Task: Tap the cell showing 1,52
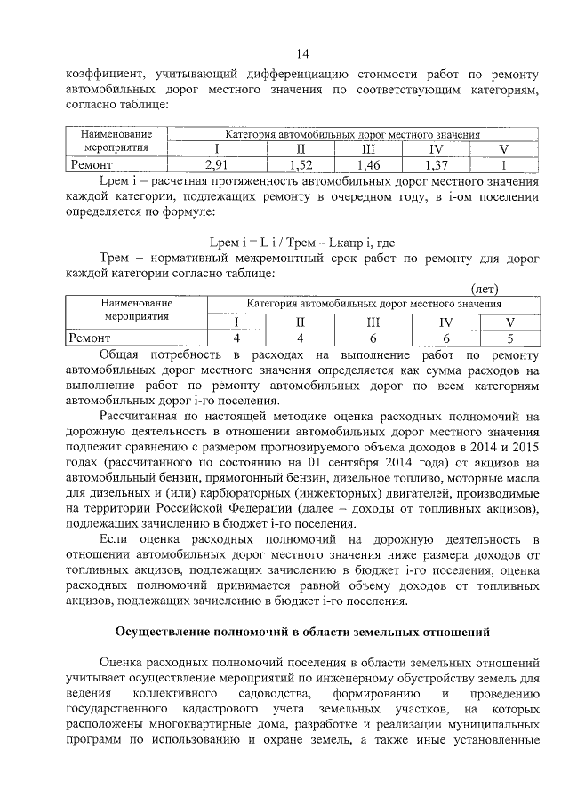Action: click(301, 164)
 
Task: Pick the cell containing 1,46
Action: click(368, 164)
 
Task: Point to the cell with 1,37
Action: click(436, 164)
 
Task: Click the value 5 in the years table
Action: click(509, 338)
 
